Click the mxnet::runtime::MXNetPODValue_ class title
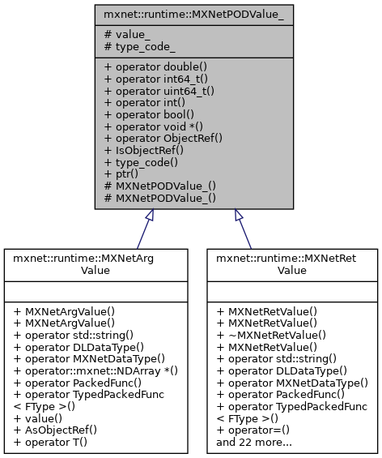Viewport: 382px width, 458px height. pyautogui.click(x=190, y=15)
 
